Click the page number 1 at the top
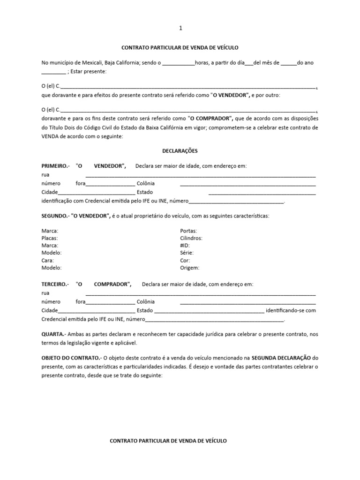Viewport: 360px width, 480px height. [180, 28]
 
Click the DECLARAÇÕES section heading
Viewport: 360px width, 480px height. [180, 151]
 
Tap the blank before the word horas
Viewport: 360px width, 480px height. [179, 63]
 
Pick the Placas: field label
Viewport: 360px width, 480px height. [50, 238]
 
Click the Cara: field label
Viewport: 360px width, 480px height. [48, 260]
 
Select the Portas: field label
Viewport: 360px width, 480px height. [188, 231]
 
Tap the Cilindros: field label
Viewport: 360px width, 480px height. [191, 238]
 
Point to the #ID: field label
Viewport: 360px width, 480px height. [185, 246]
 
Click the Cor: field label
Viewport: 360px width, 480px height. [185, 260]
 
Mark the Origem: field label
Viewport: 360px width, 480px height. [190, 268]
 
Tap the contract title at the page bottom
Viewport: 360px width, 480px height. [168, 441]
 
